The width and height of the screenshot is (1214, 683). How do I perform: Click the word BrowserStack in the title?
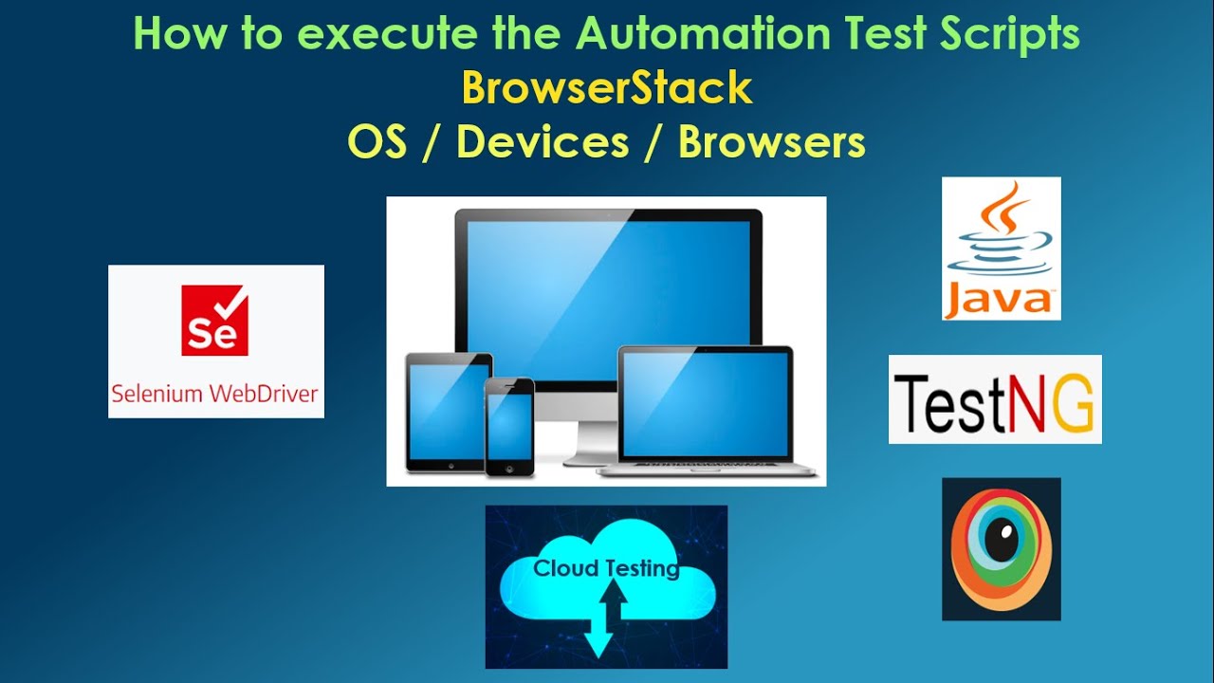pyautogui.click(x=607, y=89)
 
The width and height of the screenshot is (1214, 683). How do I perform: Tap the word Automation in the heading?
pyautogui.click(x=703, y=35)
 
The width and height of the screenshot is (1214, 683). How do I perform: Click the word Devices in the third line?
pyautogui.click(x=543, y=143)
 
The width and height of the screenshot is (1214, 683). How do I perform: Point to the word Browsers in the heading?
pyautogui.click(x=771, y=143)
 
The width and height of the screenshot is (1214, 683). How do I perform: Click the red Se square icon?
pyautogui.click(x=214, y=322)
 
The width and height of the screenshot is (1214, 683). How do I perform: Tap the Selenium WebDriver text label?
pyautogui.click(x=214, y=394)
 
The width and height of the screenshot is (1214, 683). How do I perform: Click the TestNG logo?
pyautogui.click(x=995, y=400)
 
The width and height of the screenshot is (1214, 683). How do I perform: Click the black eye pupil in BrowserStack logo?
pyautogui.click(x=1000, y=541)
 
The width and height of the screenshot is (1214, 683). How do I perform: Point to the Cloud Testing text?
pyautogui.click(x=606, y=569)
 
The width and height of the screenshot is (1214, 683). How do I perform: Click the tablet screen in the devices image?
pyautogui.click(x=449, y=412)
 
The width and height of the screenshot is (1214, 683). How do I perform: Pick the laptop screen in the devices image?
pyautogui.click(x=705, y=403)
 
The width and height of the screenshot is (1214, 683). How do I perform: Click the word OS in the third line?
pyautogui.click(x=377, y=143)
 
